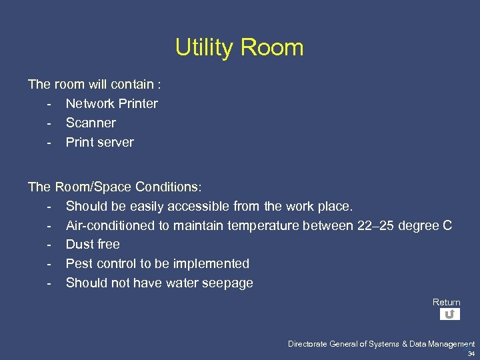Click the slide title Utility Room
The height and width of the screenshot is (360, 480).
click(x=239, y=47)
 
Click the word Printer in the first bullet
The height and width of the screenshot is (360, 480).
click(x=137, y=103)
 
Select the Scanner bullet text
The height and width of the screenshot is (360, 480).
click(x=91, y=123)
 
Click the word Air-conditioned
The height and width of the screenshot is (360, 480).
click(x=111, y=225)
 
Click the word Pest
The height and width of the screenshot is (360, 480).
click(x=79, y=263)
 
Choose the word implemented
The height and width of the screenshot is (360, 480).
click(x=211, y=263)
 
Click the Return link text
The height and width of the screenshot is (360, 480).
click(x=446, y=302)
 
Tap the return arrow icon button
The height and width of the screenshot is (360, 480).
click(x=450, y=314)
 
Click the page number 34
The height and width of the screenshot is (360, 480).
click(x=471, y=354)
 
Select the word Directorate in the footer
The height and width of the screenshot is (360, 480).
click(x=307, y=344)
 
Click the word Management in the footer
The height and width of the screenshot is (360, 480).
click(x=453, y=344)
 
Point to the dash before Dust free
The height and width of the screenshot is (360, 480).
click(x=49, y=245)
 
